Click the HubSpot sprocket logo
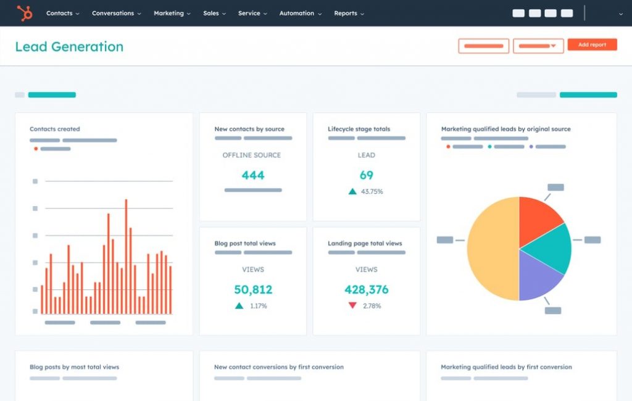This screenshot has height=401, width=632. pyautogui.click(x=25, y=13)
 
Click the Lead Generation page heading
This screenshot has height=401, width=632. pyautogui.click(x=69, y=47)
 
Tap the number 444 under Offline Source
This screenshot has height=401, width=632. pyautogui.click(x=253, y=175)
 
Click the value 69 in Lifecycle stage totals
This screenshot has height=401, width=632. pyautogui.click(x=367, y=175)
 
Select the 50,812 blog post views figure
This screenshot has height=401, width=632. pyautogui.click(x=253, y=289)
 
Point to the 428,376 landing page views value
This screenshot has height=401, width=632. pyautogui.click(x=367, y=289)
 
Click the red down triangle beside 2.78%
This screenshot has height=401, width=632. pyautogui.click(x=352, y=305)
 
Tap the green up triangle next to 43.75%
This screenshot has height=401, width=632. pyautogui.click(x=352, y=191)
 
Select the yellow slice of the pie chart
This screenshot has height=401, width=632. pyautogui.click(x=491, y=249)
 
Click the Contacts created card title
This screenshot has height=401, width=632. pyautogui.click(x=55, y=129)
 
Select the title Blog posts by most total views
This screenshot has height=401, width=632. pyautogui.click(x=74, y=367)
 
